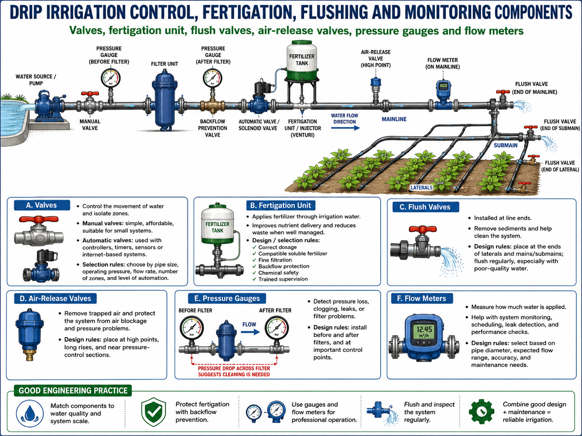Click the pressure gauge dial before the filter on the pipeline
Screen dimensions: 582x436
pyautogui.click(x=111, y=78)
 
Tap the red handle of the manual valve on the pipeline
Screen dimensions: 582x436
pyautogui.click(x=90, y=94)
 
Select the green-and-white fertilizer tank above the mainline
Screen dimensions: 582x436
pyautogui.click(x=302, y=61)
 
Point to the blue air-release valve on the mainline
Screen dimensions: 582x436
pyautogui.click(x=376, y=88)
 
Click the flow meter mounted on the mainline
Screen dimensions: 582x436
pyautogui.click(x=443, y=91)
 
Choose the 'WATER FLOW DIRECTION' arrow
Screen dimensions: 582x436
pyautogui.click(x=346, y=128)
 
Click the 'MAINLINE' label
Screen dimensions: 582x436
pyautogui.click(x=394, y=119)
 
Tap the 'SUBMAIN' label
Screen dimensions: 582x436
pyautogui.click(x=506, y=145)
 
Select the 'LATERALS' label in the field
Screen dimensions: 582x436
pyautogui.click(x=421, y=188)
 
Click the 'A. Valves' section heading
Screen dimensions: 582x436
pyautogui.click(x=42, y=205)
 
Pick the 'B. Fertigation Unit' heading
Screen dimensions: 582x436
pyautogui.click(x=281, y=206)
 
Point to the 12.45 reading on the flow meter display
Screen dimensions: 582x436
pyautogui.click(x=424, y=329)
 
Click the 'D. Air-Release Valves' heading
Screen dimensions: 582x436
pyautogui.click(x=55, y=298)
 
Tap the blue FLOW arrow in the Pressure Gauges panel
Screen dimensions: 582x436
pyautogui.click(x=250, y=332)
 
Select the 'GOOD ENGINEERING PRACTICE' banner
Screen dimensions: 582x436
pyautogui.click(x=73, y=391)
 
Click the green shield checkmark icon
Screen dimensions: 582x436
pyautogui.click(x=154, y=412)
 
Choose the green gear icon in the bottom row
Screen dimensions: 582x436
pyautogui.click(x=482, y=412)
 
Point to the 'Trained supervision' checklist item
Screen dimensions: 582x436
pyautogui.click(x=283, y=279)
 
